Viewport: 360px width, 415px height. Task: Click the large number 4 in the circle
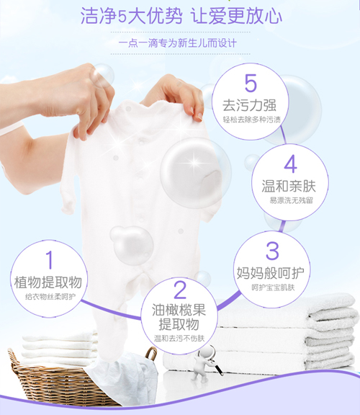[x=290, y=164]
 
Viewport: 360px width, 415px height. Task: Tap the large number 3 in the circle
[x=272, y=251]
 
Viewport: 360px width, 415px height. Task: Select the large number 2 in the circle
[x=180, y=290]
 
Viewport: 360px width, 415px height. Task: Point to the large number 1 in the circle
[x=50, y=260]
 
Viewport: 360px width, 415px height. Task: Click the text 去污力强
[x=250, y=105]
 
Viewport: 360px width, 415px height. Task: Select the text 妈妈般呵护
[x=273, y=273]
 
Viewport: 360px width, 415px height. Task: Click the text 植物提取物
[x=49, y=281]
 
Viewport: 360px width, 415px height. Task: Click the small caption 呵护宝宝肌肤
[x=273, y=288]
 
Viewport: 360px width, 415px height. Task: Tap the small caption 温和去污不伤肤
[x=180, y=339]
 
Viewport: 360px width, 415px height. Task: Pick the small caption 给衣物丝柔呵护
[x=49, y=296]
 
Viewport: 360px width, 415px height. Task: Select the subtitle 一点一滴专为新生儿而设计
[x=180, y=43]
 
